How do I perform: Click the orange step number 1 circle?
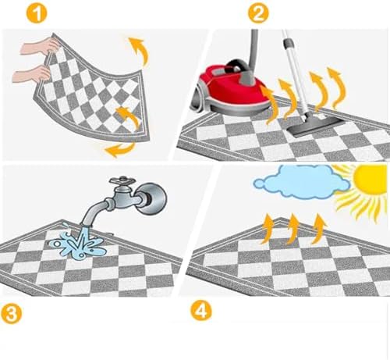coord(37,13)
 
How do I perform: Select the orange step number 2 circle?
coord(258,13)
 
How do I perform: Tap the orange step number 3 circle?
coord(11,313)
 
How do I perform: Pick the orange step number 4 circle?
coord(201,310)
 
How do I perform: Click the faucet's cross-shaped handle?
coord(122,180)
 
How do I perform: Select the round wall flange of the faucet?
coord(154,199)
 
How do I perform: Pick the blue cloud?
coord(302,182)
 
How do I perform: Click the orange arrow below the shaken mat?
coord(120,150)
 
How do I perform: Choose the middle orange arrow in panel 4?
coord(293,229)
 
